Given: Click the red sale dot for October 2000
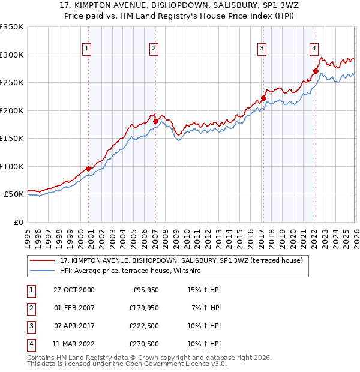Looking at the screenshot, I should coord(88,169).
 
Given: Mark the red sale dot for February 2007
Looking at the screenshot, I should coord(155,122).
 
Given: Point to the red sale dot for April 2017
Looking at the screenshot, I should coord(263,98).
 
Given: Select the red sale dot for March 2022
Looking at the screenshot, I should coord(315,71).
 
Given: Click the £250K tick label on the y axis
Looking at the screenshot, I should coord(12,83).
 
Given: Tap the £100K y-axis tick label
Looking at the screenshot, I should coord(12,166).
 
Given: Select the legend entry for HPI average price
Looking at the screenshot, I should coord(132,271).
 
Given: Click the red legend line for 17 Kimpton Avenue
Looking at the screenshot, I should coord(42,260).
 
